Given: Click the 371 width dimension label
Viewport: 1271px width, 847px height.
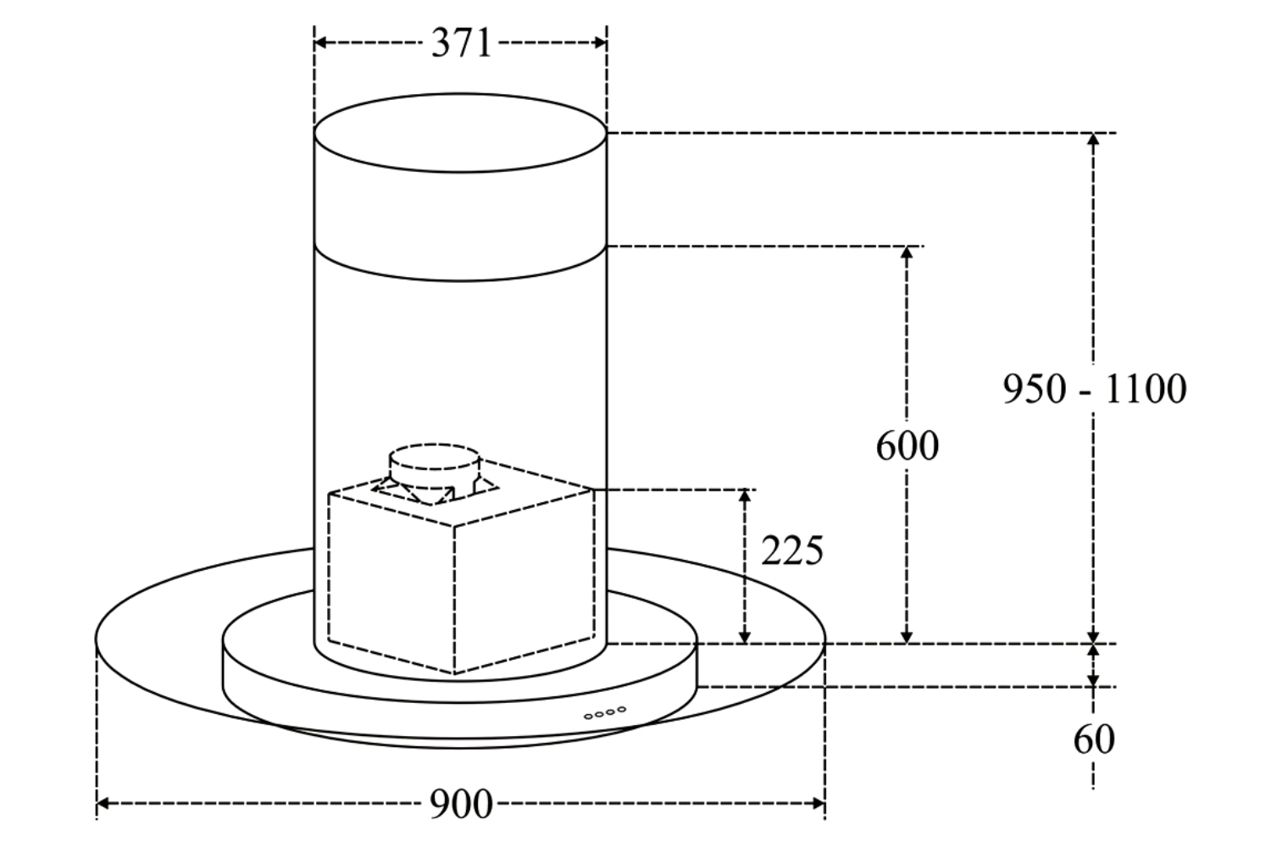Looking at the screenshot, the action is tap(461, 43).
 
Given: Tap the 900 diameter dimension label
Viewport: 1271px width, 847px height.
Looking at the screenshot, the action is tap(461, 804).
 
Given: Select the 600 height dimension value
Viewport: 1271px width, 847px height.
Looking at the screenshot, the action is tap(907, 446).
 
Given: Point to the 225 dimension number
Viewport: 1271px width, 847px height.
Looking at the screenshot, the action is tap(791, 551).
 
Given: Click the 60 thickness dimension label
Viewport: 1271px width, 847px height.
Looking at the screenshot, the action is tap(1094, 739).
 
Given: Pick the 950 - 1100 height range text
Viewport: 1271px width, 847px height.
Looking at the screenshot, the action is tap(1095, 389).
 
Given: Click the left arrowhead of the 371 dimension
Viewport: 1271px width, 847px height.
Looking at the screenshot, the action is tap(320, 42).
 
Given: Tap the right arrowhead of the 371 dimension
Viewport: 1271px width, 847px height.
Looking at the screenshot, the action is tap(600, 42).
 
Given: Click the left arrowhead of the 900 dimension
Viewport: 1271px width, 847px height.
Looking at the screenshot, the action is tap(103, 803).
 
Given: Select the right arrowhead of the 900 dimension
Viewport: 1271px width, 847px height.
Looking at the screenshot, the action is tap(819, 803).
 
